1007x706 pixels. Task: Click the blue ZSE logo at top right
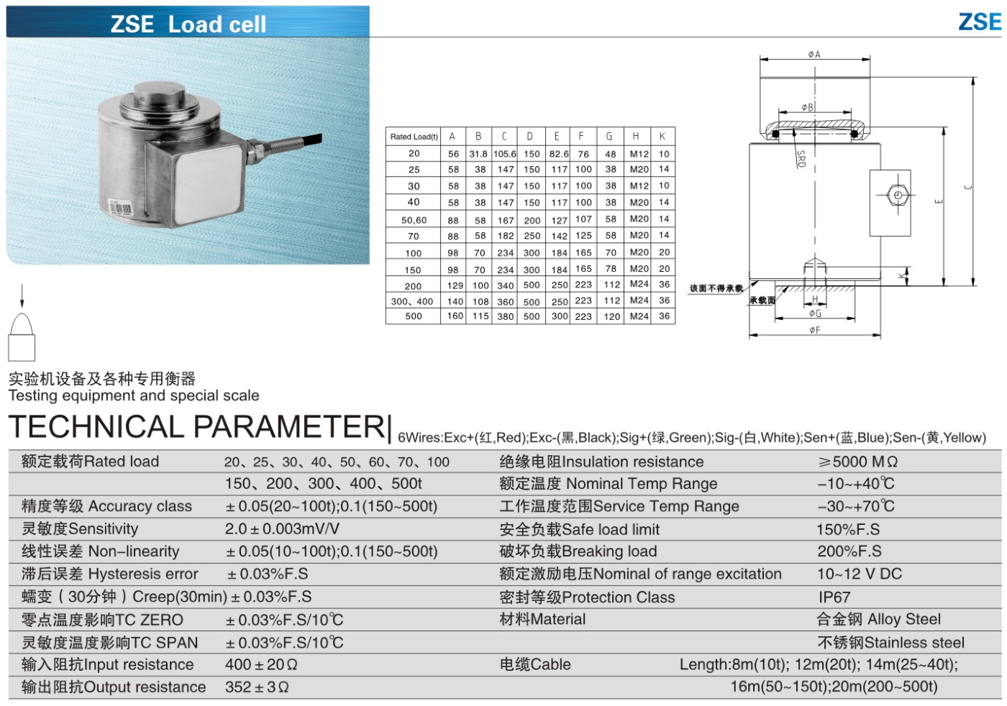[x=979, y=22]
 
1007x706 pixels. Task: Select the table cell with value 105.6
[x=504, y=154]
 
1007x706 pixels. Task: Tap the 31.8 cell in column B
[x=478, y=154]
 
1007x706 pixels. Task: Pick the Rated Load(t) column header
[x=414, y=137]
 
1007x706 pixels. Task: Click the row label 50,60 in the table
[x=414, y=220]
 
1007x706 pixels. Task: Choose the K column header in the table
[x=662, y=137]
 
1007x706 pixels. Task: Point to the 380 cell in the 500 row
[x=505, y=316]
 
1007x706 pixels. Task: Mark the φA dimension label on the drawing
[x=814, y=55]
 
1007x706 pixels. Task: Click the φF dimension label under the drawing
[x=814, y=330]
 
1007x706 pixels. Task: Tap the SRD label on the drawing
[x=801, y=158]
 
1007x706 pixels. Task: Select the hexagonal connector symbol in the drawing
[x=896, y=196]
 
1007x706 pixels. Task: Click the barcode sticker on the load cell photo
[x=119, y=208]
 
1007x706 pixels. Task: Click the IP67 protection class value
[x=834, y=597]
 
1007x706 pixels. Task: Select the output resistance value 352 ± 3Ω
[x=257, y=687]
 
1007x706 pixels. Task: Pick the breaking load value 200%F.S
[x=849, y=551]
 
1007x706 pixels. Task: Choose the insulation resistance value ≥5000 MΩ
[x=857, y=462]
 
